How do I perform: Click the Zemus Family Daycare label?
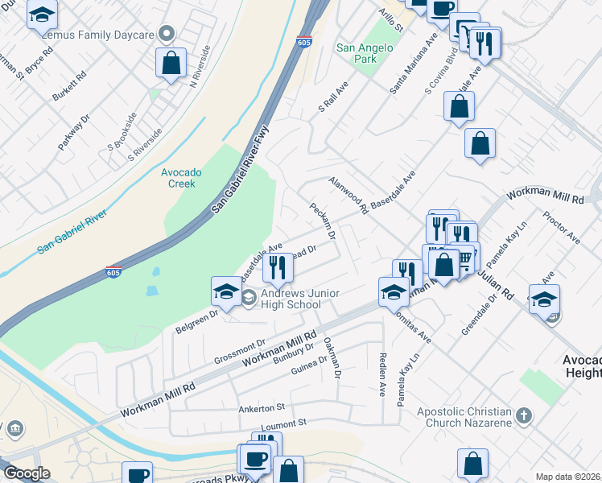[x=101, y=33]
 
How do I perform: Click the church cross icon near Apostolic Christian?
[x=523, y=417]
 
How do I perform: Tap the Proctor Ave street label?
[x=561, y=228]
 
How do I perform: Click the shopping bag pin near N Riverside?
[x=171, y=64]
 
